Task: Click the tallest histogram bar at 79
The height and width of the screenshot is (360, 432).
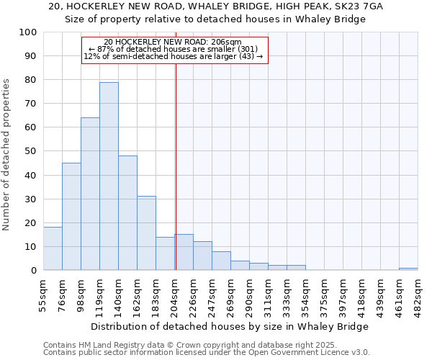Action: pyautogui.click(x=109, y=176)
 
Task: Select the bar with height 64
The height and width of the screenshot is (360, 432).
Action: pyautogui.click(x=90, y=194)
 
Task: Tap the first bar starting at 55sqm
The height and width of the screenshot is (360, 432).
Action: pyautogui.click(x=53, y=248)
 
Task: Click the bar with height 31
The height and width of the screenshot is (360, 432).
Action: pyautogui.click(x=146, y=233)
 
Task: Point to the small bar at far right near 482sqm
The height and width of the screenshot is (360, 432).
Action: pyautogui.click(x=408, y=269)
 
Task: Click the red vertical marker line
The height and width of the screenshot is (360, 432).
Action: pyautogui.click(x=176, y=166)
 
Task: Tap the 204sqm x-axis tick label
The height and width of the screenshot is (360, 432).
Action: pyautogui.click(x=175, y=296)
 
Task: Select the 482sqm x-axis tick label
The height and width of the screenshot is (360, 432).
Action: pyautogui.click(x=418, y=296)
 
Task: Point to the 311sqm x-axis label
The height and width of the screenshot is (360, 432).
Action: pyautogui.click(x=269, y=296)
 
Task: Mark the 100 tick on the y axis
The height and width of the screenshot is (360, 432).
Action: pyautogui.click(x=28, y=32)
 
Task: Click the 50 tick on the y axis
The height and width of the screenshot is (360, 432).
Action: pyautogui.click(x=31, y=151)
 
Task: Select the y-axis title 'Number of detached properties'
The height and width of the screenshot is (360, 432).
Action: pyautogui.click(x=7, y=155)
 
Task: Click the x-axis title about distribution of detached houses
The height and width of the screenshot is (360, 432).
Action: pyautogui.click(x=230, y=326)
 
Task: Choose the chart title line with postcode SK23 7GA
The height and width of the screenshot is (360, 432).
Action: pyautogui.click(x=216, y=6)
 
